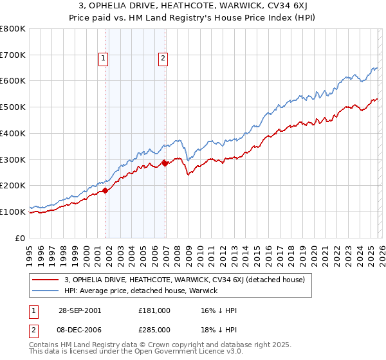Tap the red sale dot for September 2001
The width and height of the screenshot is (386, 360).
(x=106, y=190)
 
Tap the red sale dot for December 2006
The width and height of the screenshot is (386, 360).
(x=165, y=163)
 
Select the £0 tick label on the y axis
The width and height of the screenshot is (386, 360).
(x=21, y=238)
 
